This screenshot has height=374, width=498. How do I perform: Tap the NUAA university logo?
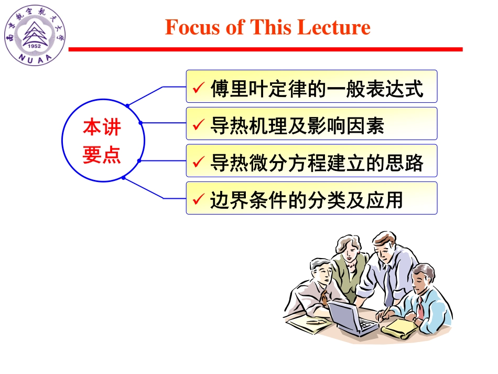35,35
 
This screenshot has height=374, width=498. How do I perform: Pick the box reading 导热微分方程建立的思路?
311,161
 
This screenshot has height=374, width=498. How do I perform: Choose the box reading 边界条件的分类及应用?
311,198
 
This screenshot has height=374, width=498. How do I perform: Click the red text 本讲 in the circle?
102,127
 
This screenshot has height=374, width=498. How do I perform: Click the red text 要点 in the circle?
102,155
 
